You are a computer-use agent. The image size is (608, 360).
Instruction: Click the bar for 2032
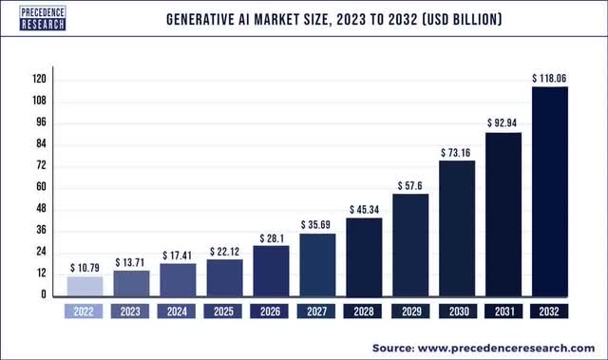tap(550, 191)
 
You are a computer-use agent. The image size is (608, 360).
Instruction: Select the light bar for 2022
tap(85, 286)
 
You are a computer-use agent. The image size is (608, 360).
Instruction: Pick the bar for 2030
tap(457, 228)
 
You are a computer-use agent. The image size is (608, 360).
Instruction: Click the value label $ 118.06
tap(550, 77)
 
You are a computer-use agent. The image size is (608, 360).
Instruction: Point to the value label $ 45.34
tap(364, 208)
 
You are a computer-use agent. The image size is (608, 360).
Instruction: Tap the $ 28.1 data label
tap(271, 237)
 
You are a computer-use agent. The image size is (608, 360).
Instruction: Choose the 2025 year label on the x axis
tap(224, 311)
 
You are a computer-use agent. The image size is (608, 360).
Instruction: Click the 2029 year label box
tap(410, 311)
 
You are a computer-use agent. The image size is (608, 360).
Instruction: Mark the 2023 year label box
tap(131, 311)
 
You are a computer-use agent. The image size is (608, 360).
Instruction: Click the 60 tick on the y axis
tap(40, 187)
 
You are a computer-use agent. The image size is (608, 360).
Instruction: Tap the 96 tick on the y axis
tap(40, 123)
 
